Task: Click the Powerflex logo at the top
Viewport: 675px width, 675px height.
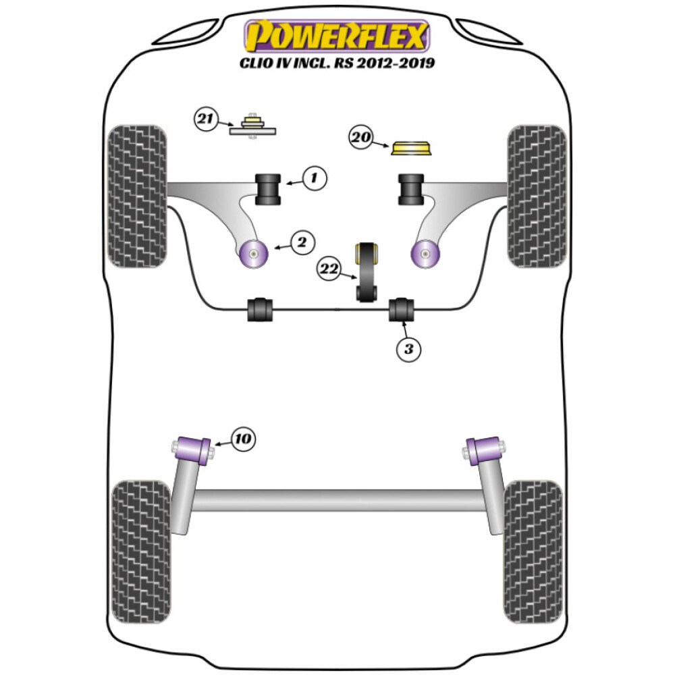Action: (x=337, y=36)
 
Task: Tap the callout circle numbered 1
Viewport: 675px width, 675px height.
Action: (x=314, y=179)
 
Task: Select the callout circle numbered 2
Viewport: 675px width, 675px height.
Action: (x=302, y=242)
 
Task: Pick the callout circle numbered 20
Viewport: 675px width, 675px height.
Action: (x=361, y=138)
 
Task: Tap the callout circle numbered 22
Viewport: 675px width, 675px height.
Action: (x=330, y=270)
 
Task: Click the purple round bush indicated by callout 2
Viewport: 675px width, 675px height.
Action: (x=254, y=254)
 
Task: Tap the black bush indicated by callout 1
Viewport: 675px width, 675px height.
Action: (x=268, y=189)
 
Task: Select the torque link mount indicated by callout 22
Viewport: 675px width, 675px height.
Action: (x=368, y=271)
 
